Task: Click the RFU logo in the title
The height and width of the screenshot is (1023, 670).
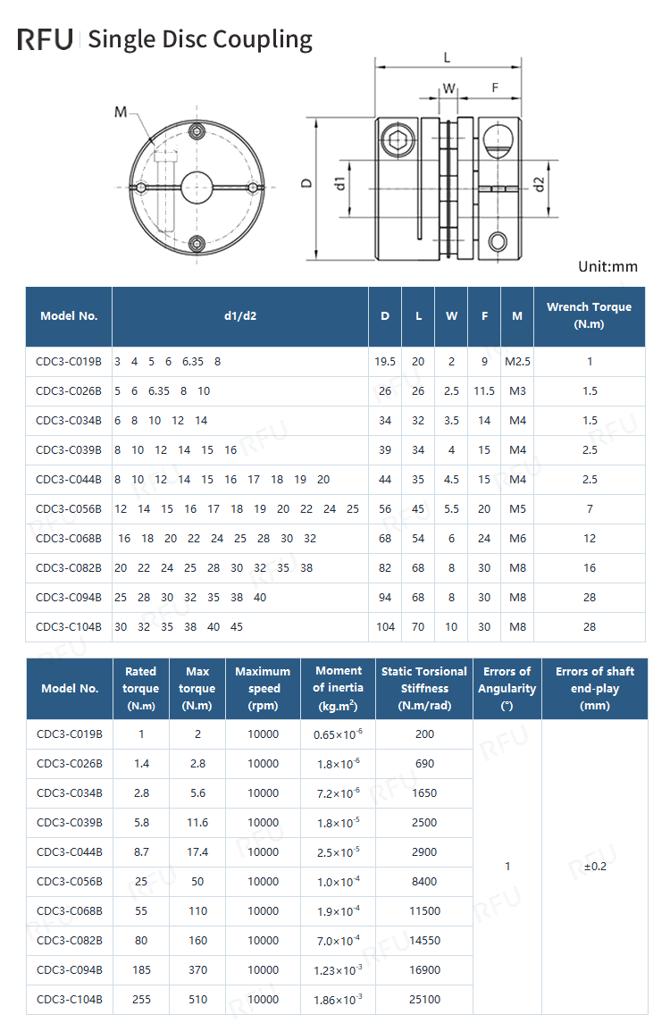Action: click(45, 39)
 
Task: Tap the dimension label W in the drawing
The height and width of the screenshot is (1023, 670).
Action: click(449, 88)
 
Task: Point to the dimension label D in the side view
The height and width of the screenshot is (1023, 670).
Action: click(306, 182)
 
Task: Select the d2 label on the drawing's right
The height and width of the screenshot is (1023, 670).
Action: click(539, 184)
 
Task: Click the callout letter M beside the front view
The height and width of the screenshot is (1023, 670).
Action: click(121, 112)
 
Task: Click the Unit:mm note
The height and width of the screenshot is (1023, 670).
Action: click(607, 266)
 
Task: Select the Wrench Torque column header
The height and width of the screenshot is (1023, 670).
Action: click(589, 315)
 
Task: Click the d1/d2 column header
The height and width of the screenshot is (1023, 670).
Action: click(240, 315)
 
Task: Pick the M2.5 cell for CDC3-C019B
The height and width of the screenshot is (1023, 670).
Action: click(517, 362)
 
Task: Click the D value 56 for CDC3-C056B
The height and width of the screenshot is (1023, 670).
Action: click(385, 509)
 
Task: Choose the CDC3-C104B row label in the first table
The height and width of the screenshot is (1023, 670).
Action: click(69, 627)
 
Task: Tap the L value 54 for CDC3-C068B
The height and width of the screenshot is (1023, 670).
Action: click(418, 539)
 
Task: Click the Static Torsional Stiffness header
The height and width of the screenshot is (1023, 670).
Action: click(424, 688)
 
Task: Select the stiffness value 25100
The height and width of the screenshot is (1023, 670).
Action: click(424, 1000)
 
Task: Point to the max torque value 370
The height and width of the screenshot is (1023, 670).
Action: click(197, 970)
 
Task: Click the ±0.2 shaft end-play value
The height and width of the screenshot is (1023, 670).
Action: click(595, 867)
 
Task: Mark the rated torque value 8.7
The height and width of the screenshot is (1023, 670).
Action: click(141, 852)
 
